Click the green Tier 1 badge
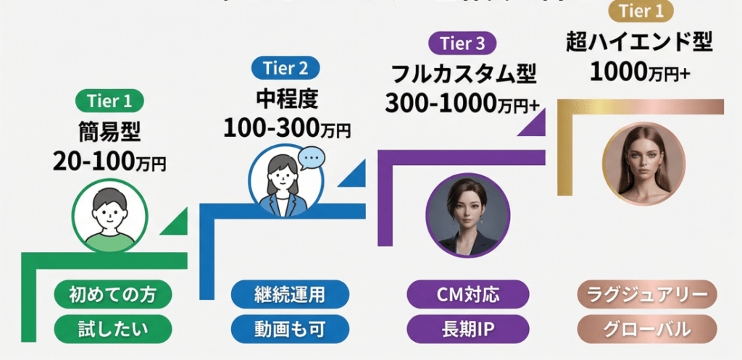[x=109, y=101]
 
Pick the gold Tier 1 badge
[x=640, y=12]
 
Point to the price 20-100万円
[x=109, y=161]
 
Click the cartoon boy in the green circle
[x=109, y=214]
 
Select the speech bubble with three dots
[x=312, y=156]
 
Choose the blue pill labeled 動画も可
[x=289, y=330]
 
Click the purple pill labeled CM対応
[x=467, y=295]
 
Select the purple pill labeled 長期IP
[x=467, y=330]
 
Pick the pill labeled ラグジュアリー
[x=646, y=295]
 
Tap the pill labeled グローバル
[x=646, y=330]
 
